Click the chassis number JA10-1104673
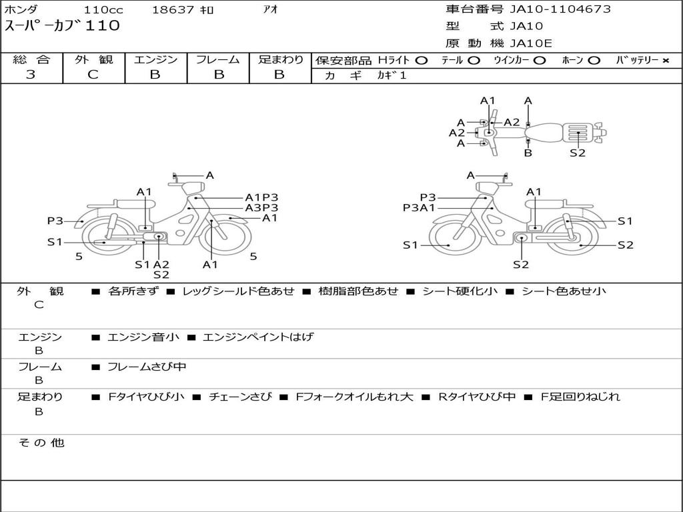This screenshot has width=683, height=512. pos(560,9)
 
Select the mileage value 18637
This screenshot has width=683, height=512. pos(173,9)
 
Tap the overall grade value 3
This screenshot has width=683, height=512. pos(31,75)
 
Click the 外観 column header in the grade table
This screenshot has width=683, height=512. pos(93,59)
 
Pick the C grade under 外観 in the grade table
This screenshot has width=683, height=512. pos(93,75)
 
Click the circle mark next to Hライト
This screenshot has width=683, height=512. pos(422,61)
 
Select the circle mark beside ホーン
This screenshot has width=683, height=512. pos(594,61)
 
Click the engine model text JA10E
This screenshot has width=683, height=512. pos(530,43)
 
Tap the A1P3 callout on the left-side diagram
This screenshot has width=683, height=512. pos(261,197)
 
